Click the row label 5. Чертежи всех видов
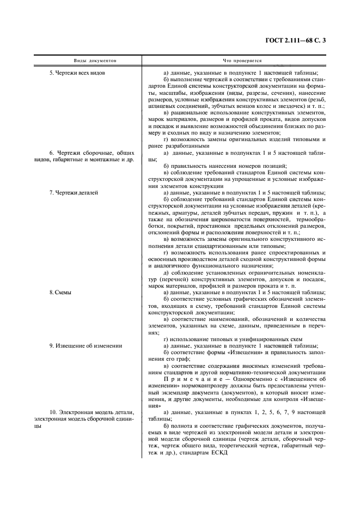82,73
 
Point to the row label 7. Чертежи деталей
74,193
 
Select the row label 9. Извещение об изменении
86,346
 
